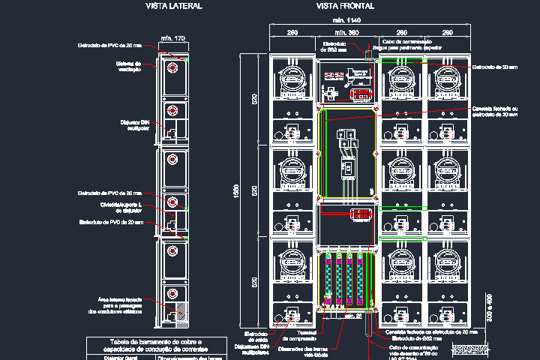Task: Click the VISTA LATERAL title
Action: pyautogui.click(x=173, y=6)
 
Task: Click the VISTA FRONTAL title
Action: pyautogui.click(x=346, y=6)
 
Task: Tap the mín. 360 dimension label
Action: pyautogui.click(x=346, y=33)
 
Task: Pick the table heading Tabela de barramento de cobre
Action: pyautogui.click(x=156, y=344)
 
